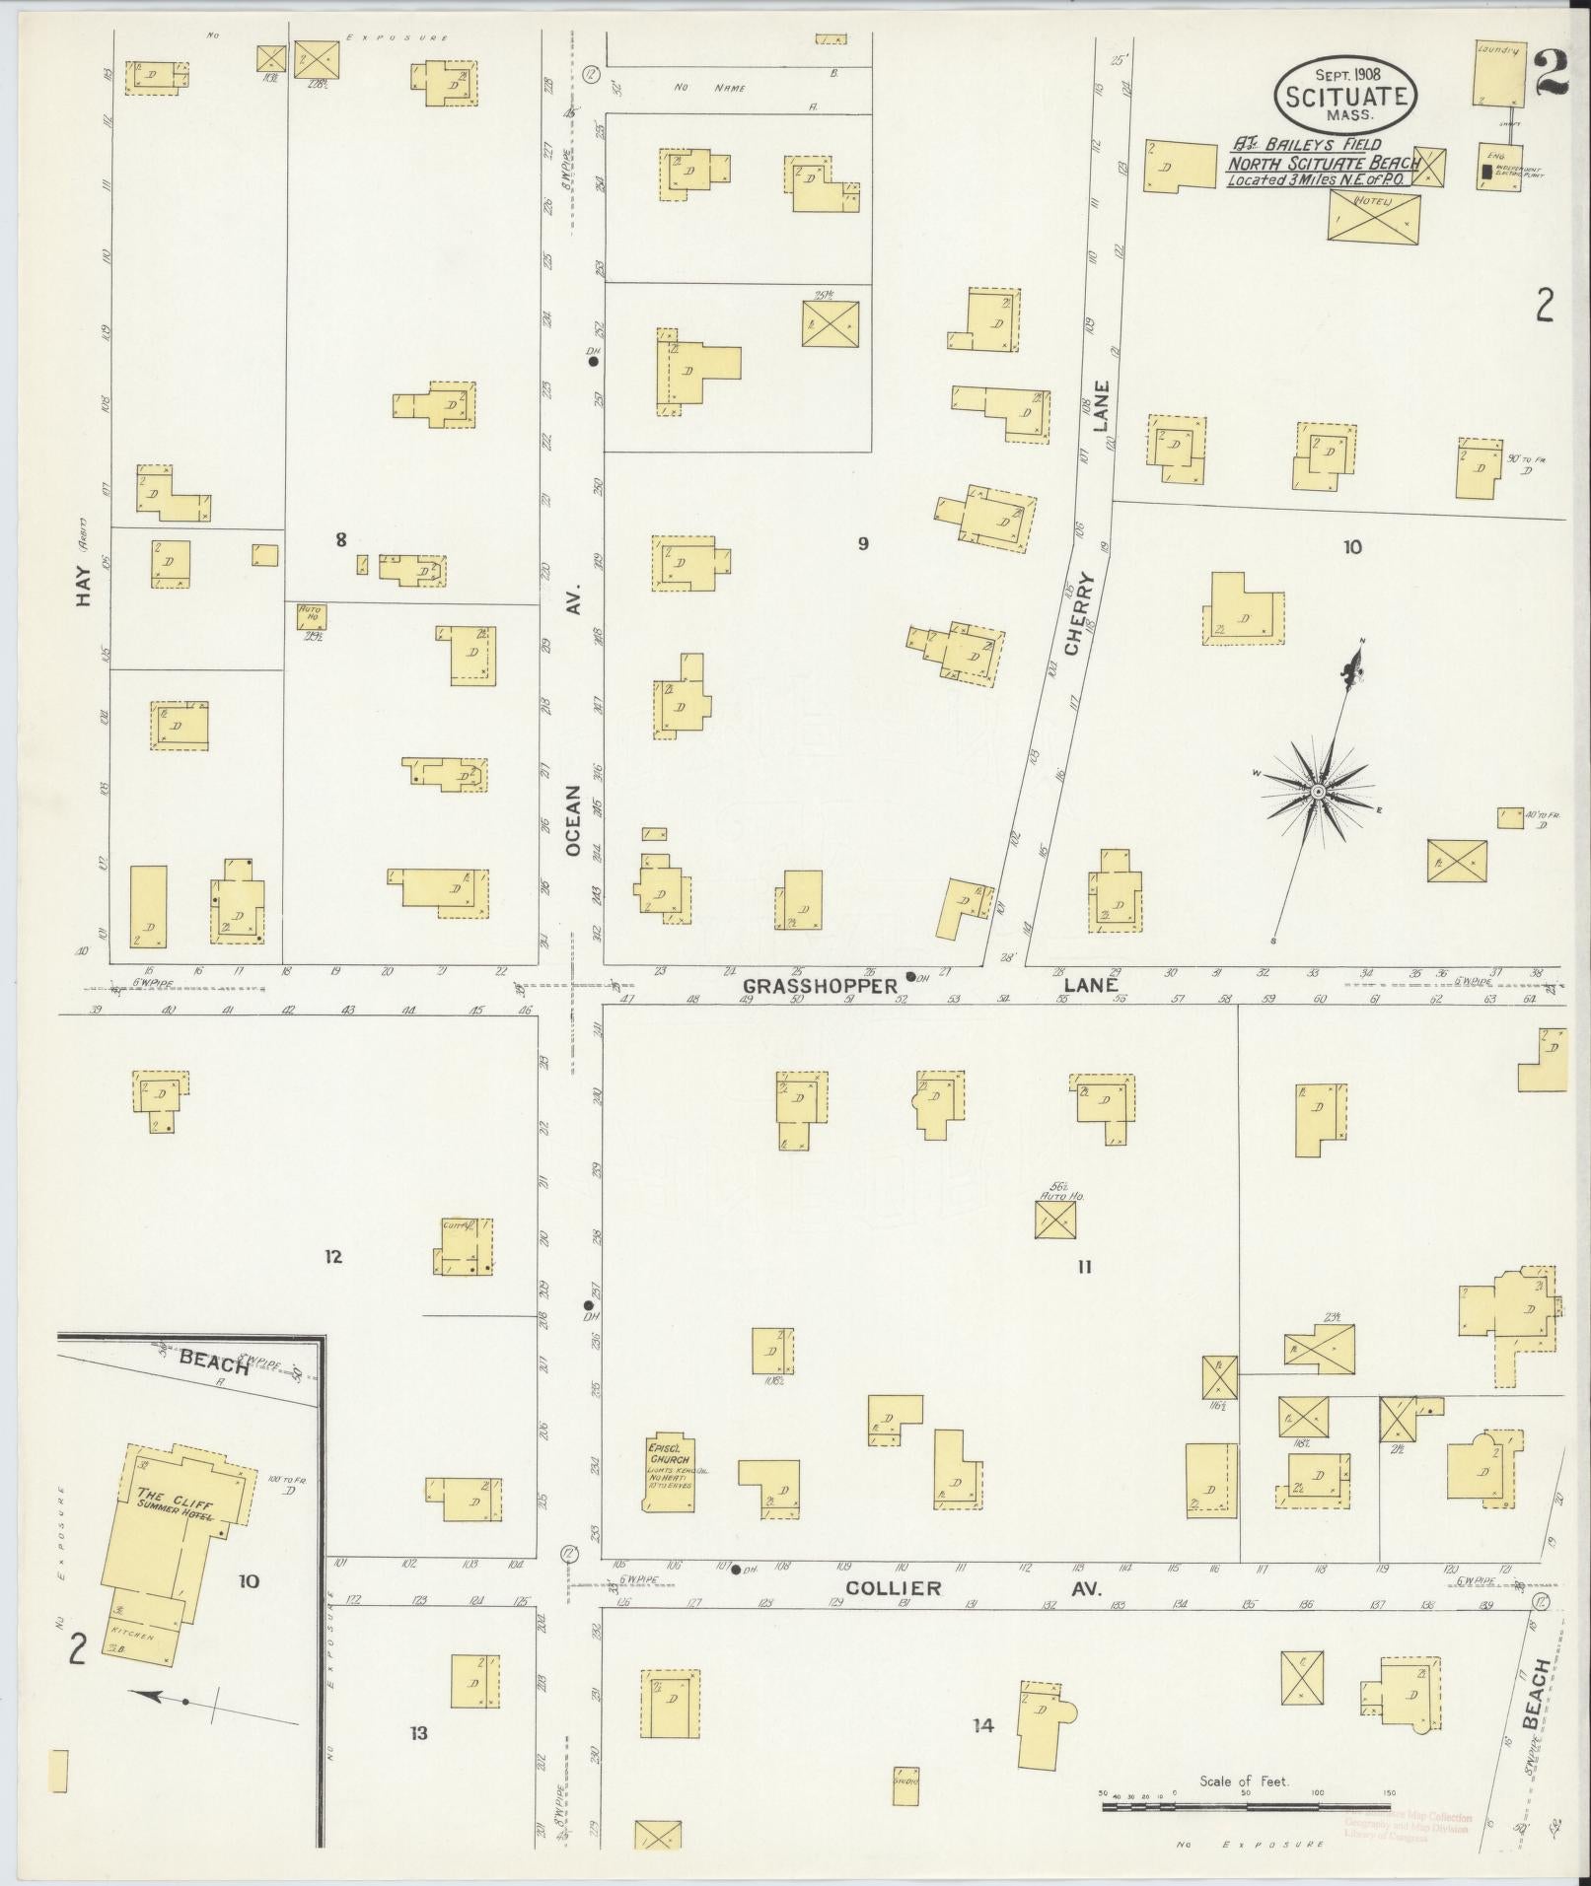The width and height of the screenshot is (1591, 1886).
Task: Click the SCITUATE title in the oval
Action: tap(1346, 97)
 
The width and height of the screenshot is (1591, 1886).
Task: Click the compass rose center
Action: tap(1318, 792)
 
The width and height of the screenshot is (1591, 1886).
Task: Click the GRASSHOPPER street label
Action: tap(820, 985)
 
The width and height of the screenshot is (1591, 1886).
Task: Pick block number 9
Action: tap(863, 543)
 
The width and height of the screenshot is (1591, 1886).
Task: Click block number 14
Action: tap(982, 1725)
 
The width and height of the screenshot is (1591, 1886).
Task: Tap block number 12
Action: tap(333, 1257)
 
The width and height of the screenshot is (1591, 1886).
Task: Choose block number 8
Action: tap(341, 539)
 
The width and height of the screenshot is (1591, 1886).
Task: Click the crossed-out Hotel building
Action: tap(1374, 217)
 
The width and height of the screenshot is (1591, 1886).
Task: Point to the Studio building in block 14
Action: tap(906, 1785)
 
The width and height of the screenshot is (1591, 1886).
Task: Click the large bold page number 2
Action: tap(1552, 71)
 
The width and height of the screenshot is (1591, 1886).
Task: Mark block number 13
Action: tap(419, 1732)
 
